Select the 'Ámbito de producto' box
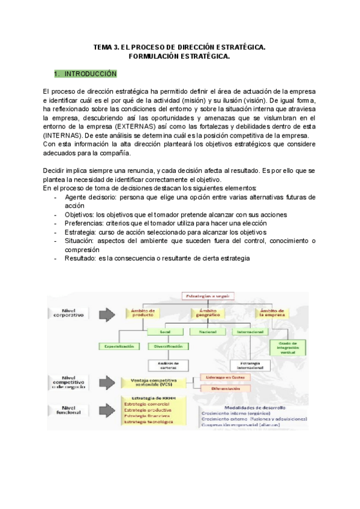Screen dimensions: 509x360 coord(143,313)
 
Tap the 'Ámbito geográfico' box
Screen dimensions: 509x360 coord(207,313)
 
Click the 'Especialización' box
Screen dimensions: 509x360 coord(119,346)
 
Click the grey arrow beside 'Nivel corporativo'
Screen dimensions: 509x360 coord(106,313)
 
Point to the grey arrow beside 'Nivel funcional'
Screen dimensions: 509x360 coord(106,411)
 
